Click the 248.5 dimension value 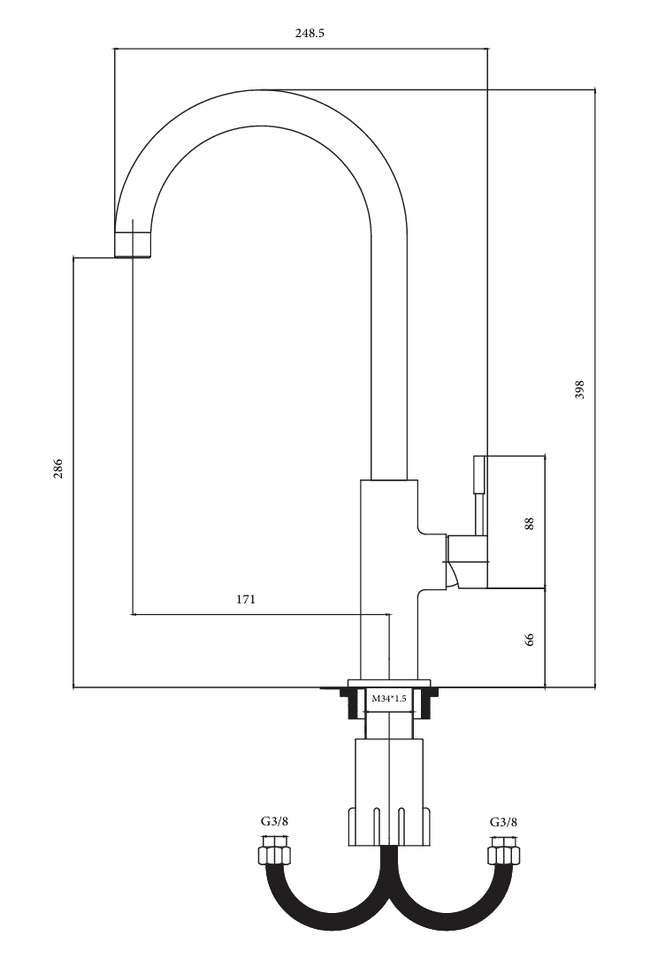click(x=310, y=33)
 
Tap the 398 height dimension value click(x=580, y=389)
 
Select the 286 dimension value click(x=58, y=469)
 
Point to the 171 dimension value click(x=245, y=600)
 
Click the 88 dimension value click(x=530, y=524)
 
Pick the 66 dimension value click(x=530, y=639)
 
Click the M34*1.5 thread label click(x=389, y=698)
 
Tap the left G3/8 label click(x=274, y=821)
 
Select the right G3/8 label click(x=504, y=821)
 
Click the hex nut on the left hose click(x=274, y=853)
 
